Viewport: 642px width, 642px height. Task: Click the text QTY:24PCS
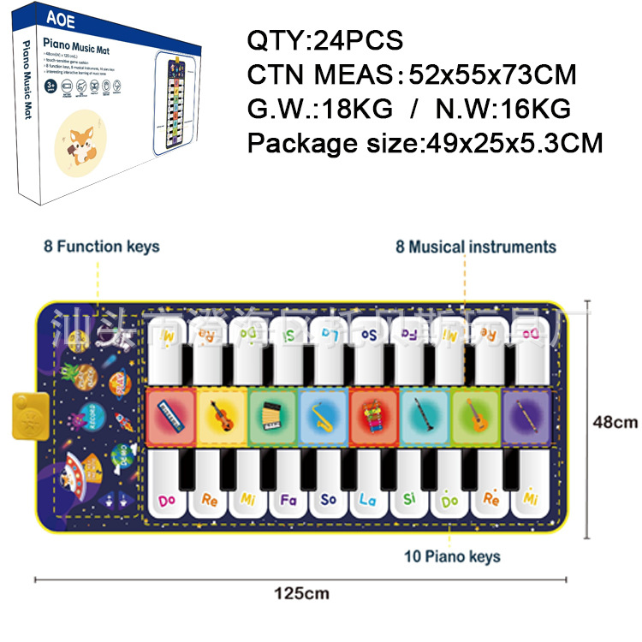[x=324, y=40]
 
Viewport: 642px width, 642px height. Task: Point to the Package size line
[x=425, y=142]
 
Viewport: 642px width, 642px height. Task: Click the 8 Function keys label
[x=102, y=247]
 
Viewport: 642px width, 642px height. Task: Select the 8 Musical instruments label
[x=476, y=247]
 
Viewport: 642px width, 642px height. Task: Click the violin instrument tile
[x=222, y=417]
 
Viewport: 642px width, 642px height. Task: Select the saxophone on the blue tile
[x=324, y=417]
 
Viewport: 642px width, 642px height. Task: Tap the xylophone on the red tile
[x=374, y=417]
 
